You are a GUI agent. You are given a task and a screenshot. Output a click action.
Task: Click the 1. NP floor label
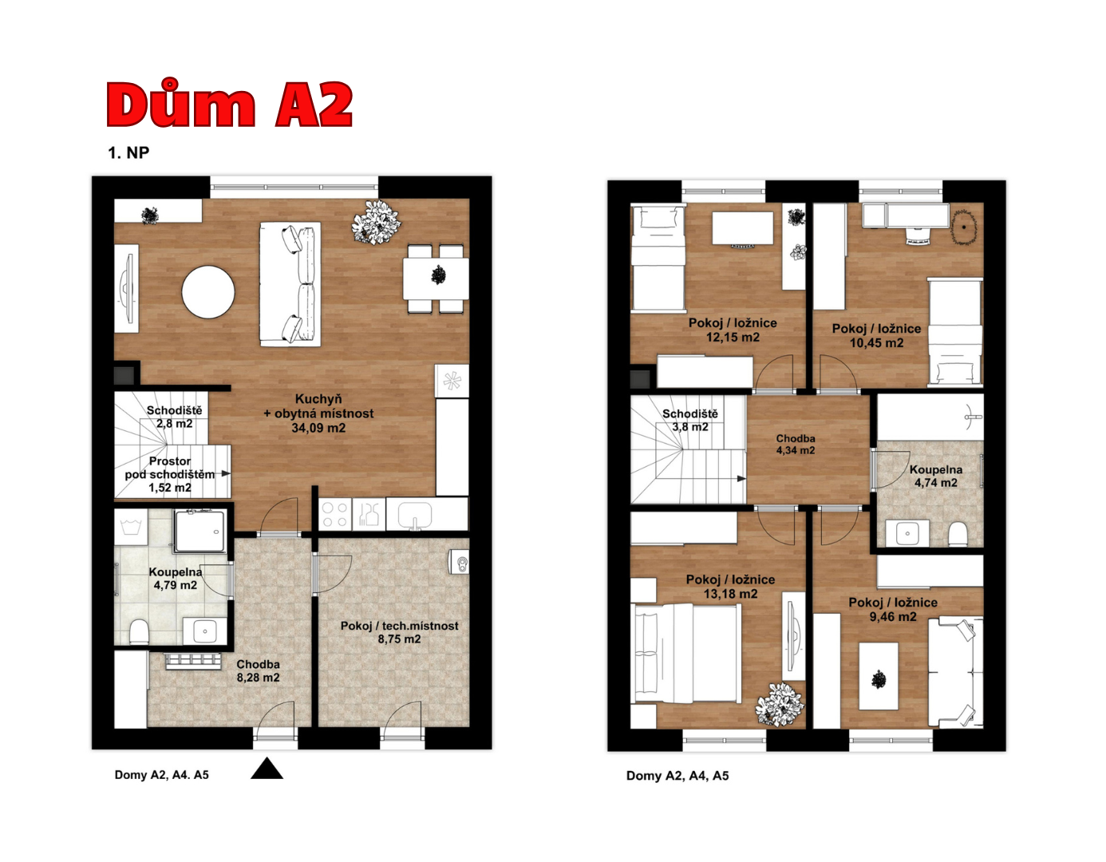click(x=128, y=152)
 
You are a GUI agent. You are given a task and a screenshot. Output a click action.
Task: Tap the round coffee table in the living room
click(x=208, y=292)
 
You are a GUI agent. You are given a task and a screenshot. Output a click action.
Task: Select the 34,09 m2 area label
click(x=318, y=428)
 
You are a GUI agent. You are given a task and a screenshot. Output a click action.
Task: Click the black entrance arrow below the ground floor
click(x=267, y=769)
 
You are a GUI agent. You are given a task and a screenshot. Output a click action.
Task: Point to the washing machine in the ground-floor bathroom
click(x=131, y=526)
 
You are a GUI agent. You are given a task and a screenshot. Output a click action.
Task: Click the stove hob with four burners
click(x=335, y=514)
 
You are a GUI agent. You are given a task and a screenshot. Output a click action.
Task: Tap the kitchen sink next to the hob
click(x=414, y=514)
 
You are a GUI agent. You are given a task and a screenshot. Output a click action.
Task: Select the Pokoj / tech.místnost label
click(x=400, y=626)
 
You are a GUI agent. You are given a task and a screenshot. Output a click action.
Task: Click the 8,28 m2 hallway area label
click(x=258, y=678)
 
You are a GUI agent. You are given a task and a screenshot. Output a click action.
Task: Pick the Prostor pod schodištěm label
click(x=170, y=469)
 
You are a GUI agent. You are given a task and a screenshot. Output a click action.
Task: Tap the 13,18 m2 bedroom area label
click(x=730, y=594)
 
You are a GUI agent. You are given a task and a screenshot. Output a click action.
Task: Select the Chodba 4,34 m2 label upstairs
click(x=796, y=445)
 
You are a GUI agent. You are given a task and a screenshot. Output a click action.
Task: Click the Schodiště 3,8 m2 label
click(x=690, y=421)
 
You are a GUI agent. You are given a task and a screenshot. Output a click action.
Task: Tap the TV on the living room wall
click(x=127, y=288)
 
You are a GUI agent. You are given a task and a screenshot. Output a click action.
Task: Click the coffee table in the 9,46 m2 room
click(x=878, y=676)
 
